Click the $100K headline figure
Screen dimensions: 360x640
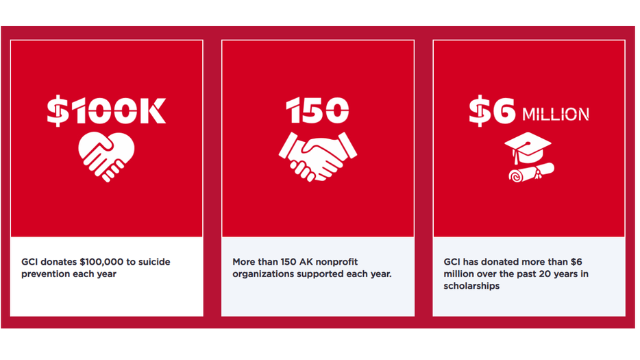(x=106, y=111)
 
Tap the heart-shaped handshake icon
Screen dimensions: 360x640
(x=106, y=156)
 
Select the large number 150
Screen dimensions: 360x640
(x=317, y=111)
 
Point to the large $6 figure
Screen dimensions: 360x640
(x=492, y=112)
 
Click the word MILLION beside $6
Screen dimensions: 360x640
(x=556, y=114)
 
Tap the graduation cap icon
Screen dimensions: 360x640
(x=528, y=146)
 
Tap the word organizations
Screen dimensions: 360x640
(x=265, y=274)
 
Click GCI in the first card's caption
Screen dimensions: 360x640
(x=29, y=262)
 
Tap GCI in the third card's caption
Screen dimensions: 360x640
(x=452, y=262)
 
